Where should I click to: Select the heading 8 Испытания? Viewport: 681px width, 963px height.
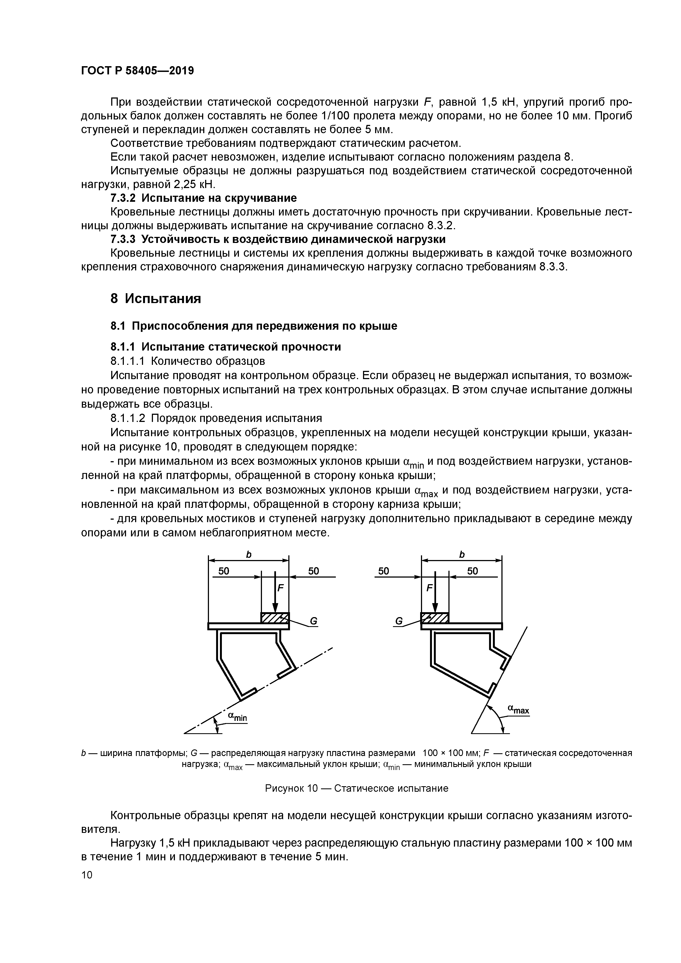[156, 299]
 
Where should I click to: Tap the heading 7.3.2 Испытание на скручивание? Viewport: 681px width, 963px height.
[203, 198]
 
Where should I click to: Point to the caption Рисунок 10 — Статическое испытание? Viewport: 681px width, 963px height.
[357, 788]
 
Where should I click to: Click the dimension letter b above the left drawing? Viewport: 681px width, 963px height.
[249, 555]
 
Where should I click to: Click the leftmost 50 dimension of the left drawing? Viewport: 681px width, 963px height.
[224, 571]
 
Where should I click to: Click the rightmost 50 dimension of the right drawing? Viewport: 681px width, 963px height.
[473, 571]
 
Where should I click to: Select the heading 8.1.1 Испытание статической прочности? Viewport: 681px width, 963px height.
[225, 346]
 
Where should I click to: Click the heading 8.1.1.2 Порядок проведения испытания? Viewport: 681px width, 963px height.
[216, 418]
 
